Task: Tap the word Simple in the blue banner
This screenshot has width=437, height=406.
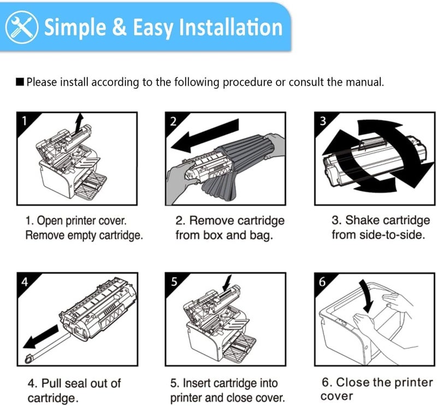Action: (x=76, y=27)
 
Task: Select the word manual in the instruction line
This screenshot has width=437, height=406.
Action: (x=367, y=83)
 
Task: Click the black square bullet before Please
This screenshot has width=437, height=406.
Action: (x=20, y=83)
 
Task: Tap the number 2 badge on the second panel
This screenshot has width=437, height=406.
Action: (x=173, y=120)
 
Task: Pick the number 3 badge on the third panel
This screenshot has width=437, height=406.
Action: (x=322, y=120)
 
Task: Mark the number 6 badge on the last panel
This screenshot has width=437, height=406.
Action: (x=322, y=281)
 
